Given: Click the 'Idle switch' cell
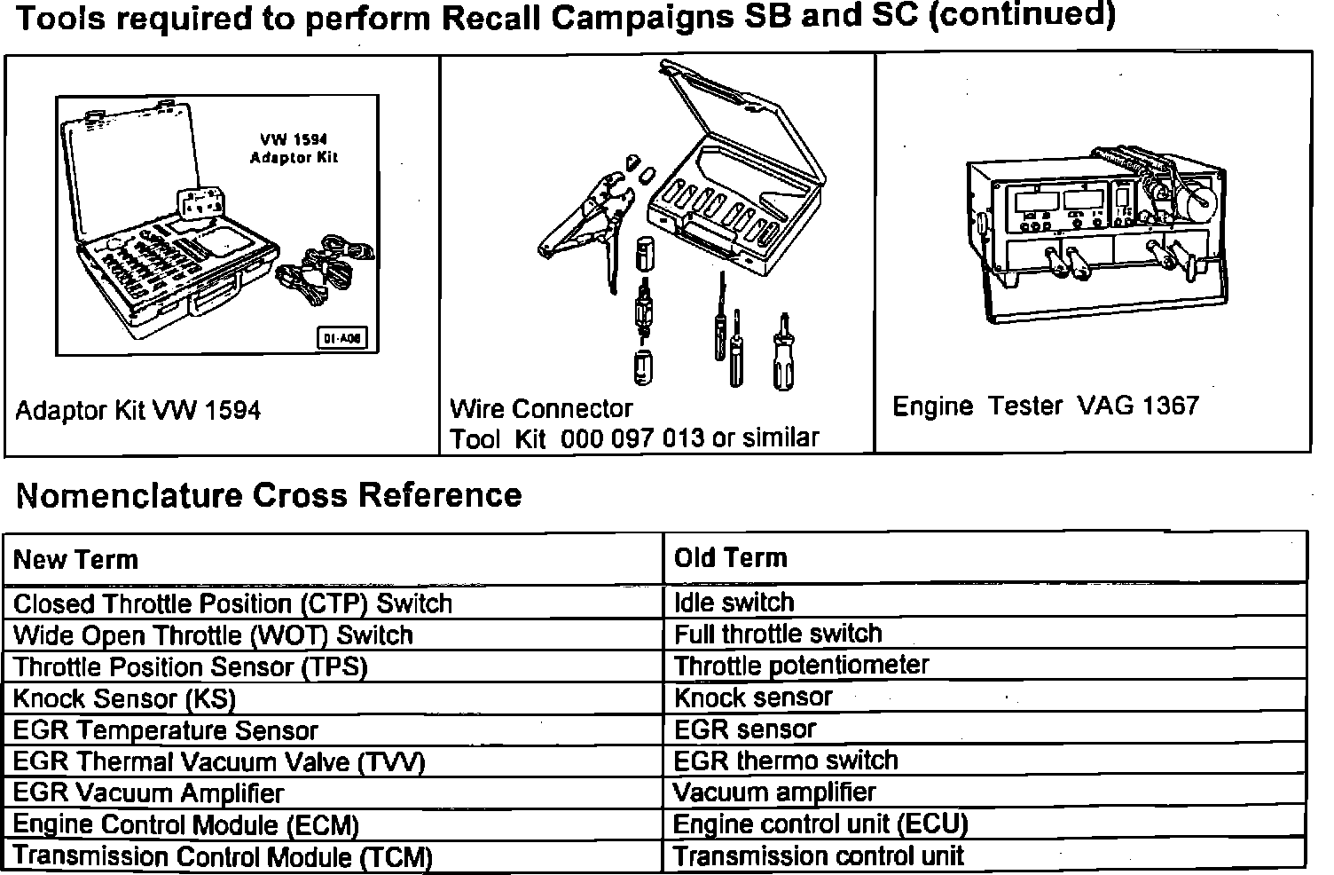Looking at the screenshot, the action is [x=734, y=603].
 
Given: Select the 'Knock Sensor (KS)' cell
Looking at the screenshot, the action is [x=124, y=698].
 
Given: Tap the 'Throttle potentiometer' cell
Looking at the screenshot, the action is [x=801, y=666].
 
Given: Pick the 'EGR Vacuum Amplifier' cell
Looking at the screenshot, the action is [x=148, y=793].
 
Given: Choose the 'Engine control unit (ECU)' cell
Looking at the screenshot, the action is [x=820, y=824].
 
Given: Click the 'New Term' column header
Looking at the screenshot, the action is [x=76, y=560].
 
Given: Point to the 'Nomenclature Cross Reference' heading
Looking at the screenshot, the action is [x=269, y=495].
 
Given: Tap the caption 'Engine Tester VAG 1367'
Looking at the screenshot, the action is [x=1045, y=406].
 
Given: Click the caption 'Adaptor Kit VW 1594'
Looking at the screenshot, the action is [x=137, y=411].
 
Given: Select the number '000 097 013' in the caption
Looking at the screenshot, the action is [x=632, y=438].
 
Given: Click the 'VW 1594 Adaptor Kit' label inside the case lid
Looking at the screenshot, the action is [x=294, y=148].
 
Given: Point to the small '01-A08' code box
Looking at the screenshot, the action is [x=341, y=338].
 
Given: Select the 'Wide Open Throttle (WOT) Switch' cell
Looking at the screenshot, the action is [x=213, y=635].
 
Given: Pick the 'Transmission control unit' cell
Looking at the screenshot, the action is [x=818, y=856].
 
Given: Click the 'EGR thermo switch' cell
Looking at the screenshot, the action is [x=786, y=761].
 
